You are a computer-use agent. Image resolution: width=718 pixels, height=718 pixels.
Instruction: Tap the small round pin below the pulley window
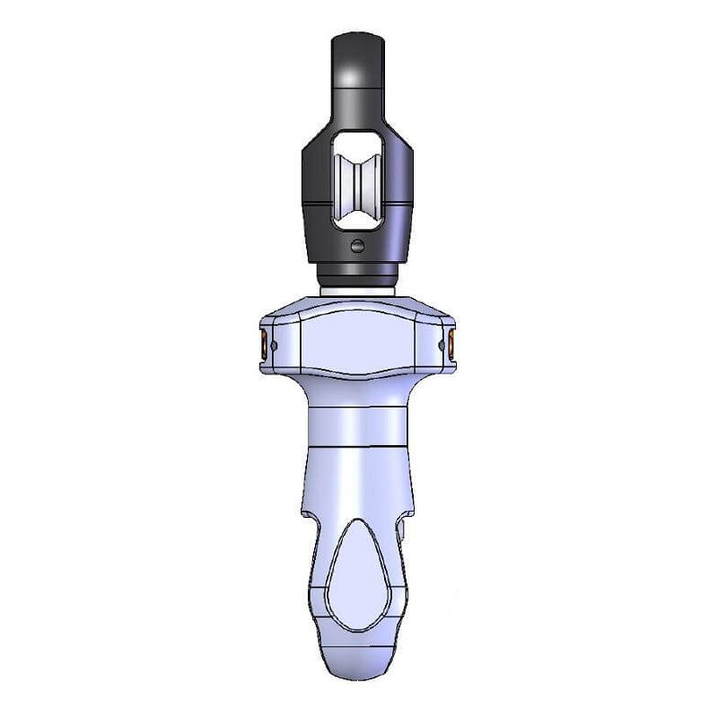point(358,246)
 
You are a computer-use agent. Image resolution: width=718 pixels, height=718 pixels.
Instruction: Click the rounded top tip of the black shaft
point(358,39)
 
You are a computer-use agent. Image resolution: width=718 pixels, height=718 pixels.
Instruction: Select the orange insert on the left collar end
point(263,342)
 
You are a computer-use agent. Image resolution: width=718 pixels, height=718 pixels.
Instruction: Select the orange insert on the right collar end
point(453,342)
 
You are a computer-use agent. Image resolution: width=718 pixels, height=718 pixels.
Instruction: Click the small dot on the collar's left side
point(277,343)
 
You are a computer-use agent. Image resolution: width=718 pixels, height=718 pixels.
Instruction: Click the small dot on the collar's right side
point(440,343)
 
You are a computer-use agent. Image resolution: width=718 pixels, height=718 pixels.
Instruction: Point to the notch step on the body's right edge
point(409,519)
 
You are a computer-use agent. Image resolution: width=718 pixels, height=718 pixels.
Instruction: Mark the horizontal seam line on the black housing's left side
point(314,205)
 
